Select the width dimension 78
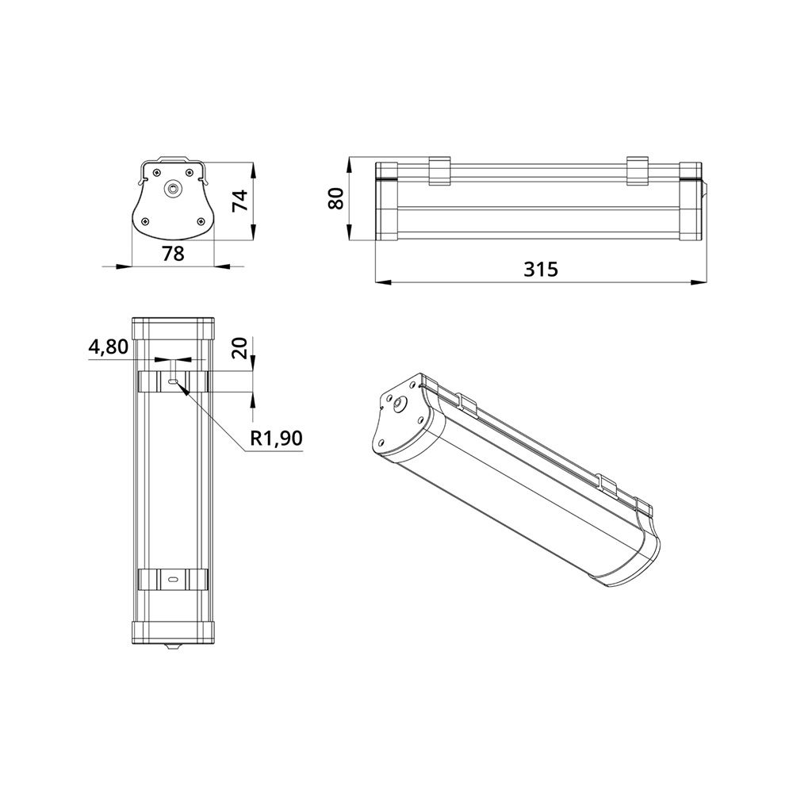173,254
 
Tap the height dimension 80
336,198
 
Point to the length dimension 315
541,269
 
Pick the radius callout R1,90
276,439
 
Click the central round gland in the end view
173,189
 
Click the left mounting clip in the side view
439,171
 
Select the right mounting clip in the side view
638,171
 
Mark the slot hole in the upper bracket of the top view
173,381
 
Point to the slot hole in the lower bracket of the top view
173,580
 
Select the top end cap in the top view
173,328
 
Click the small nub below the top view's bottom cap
173,647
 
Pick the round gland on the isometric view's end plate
396,404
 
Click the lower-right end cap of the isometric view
634,559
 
